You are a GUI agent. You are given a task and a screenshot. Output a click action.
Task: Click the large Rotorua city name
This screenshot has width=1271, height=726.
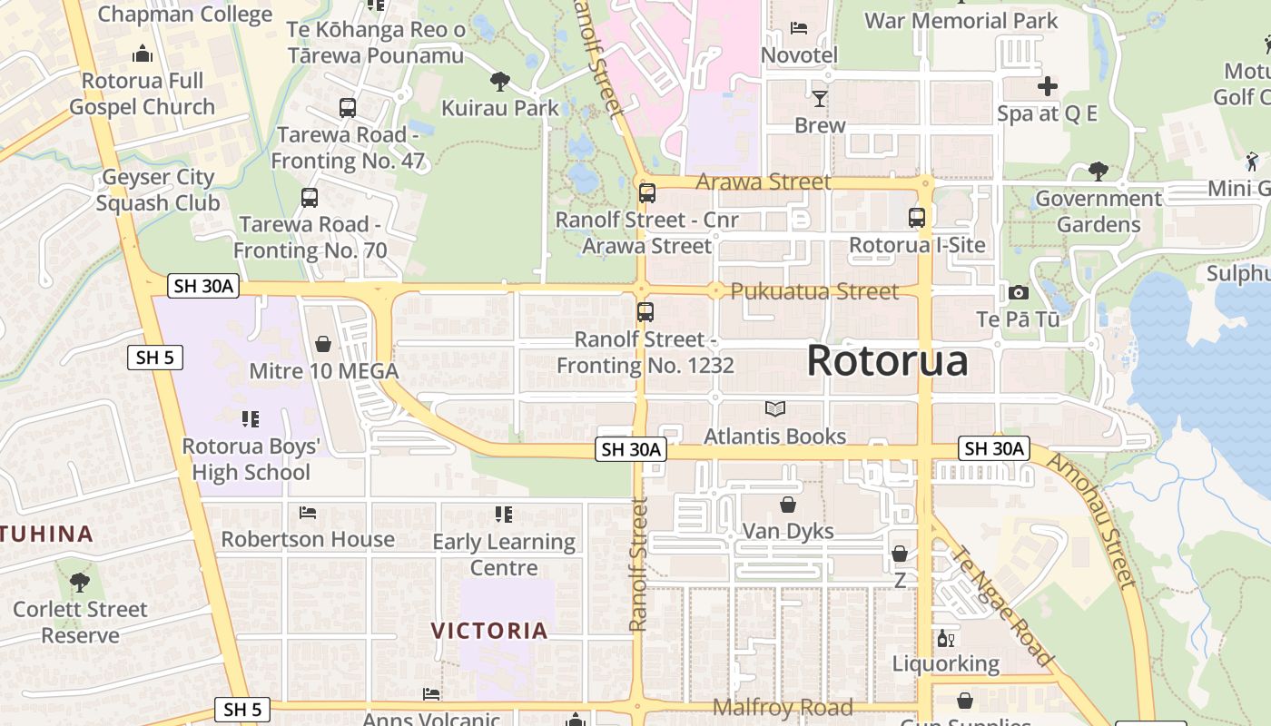887,360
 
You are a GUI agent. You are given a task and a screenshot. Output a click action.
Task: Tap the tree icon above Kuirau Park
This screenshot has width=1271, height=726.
499,82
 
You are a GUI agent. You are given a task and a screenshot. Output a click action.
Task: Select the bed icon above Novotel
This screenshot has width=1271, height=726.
799,28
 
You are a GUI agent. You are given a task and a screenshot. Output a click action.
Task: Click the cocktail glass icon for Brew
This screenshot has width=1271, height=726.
820,98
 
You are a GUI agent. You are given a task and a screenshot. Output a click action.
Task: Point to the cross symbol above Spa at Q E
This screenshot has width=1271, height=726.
1047,87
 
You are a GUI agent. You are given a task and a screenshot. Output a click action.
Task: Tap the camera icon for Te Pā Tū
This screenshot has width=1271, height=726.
1019,292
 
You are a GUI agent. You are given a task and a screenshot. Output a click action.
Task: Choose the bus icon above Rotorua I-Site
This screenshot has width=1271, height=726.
917,218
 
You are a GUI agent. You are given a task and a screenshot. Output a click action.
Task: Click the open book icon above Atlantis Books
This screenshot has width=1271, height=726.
775,409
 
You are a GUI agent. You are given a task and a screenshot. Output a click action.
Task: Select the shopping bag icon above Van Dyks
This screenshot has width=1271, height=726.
788,504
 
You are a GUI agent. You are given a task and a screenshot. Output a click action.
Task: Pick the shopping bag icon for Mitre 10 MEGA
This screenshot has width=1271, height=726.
323,344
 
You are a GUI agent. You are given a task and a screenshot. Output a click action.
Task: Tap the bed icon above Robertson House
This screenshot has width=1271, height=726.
308,513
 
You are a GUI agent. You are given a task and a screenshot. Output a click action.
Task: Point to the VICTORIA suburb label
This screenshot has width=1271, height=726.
489,631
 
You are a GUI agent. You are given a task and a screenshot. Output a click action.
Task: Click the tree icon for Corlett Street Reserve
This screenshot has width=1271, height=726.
80,582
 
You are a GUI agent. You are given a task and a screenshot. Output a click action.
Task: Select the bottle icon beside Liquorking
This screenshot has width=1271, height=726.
944,639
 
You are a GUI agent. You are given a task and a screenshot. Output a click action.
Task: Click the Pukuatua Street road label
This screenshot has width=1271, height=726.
814,291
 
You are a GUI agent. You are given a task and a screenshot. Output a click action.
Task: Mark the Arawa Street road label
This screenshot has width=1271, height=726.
763,181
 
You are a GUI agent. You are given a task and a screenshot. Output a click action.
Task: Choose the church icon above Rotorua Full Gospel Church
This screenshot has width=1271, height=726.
143,54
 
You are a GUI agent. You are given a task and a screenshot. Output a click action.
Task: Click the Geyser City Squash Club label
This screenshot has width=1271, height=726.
158,190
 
